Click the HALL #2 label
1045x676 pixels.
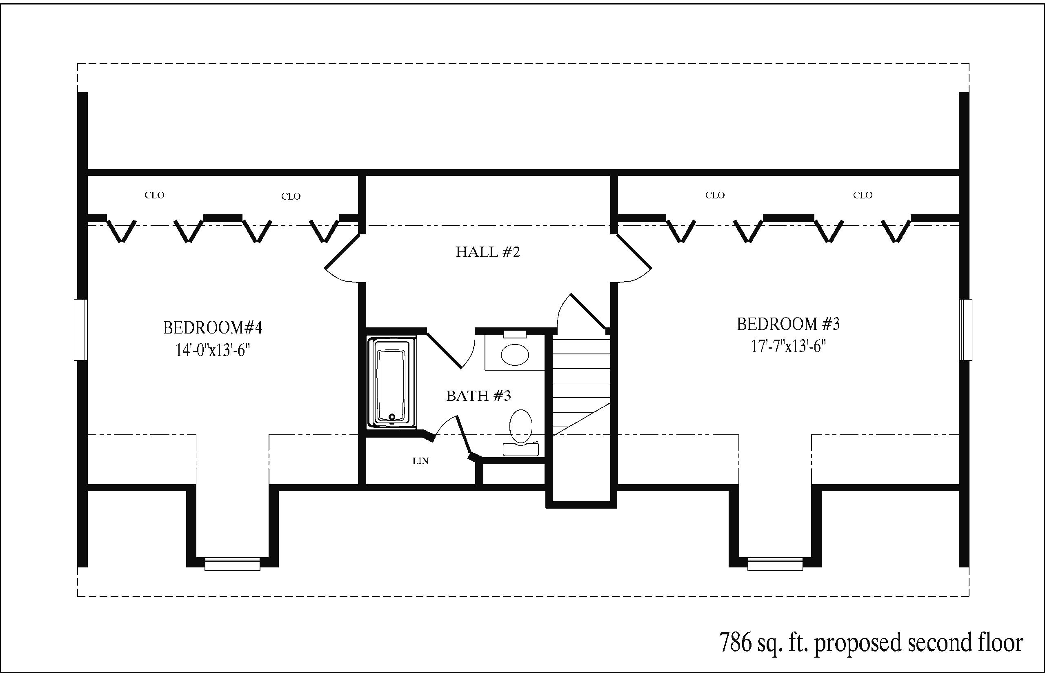pyautogui.click(x=488, y=252)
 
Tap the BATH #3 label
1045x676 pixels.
pyautogui.click(x=478, y=396)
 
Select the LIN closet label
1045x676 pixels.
pyautogui.click(x=420, y=461)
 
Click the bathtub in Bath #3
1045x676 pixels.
pyautogui.click(x=392, y=382)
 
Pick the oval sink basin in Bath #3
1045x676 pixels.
pyautogui.click(x=515, y=355)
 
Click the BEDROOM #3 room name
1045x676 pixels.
pyautogui.click(x=788, y=324)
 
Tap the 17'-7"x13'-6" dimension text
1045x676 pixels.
pyautogui.click(x=788, y=347)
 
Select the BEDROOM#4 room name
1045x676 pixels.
pyautogui.click(x=213, y=327)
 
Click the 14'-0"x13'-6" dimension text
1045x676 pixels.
pyautogui.click(x=213, y=350)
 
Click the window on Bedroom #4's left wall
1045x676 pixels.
pyautogui.click(x=80, y=330)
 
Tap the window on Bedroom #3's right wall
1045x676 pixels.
pyautogui.click(x=965, y=330)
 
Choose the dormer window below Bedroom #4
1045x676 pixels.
pyautogui.click(x=233, y=564)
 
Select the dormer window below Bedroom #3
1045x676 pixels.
pyautogui.click(x=775, y=564)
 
